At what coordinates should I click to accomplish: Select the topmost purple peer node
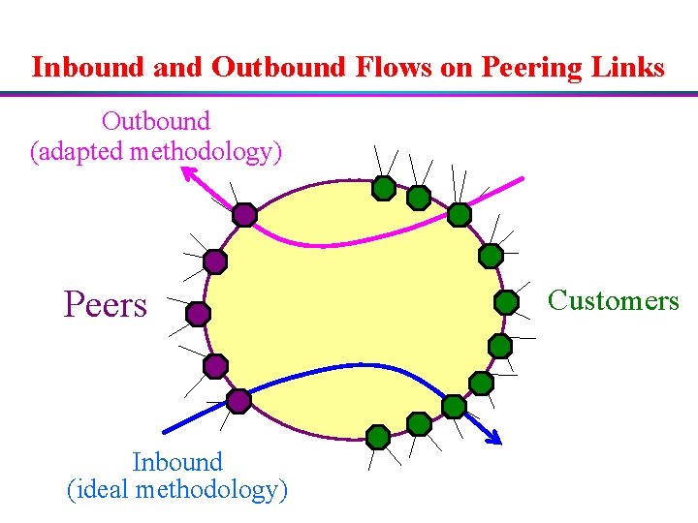coord(244,214)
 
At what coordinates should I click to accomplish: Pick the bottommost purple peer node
coord(238,399)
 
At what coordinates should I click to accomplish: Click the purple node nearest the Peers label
coord(198,314)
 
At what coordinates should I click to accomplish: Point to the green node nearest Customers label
coord(506,302)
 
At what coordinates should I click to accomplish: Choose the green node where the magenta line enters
coord(460,214)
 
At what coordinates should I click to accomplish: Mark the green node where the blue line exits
coord(454,406)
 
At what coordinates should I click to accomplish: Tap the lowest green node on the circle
coord(378,437)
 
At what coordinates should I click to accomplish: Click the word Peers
coord(105,305)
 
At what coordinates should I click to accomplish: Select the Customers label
coord(613,301)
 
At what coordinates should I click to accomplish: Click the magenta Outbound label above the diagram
coord(155,122)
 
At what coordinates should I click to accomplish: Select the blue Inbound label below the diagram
coord(177,462)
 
